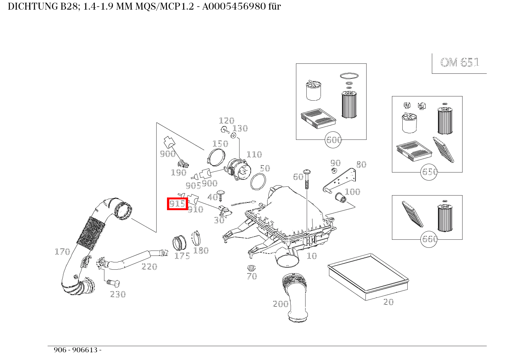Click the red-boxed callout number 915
click(x=177, y=204)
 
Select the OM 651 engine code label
click(x=459, y=63)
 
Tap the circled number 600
click(x=334, y=140)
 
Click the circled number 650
click(x=430, y=172)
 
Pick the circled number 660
click(x=430, y=239)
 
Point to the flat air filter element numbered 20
click(x=368, y=276)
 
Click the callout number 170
click(x=62, y=252)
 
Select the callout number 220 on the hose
click(x=149, y=266)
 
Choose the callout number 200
click(x=280, y=304)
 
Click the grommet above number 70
click(x=251, y=268)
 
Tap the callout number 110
click(x=254, y=154)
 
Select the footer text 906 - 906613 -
click(x=78, y=350)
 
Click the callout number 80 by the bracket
click(x=361, y=164)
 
